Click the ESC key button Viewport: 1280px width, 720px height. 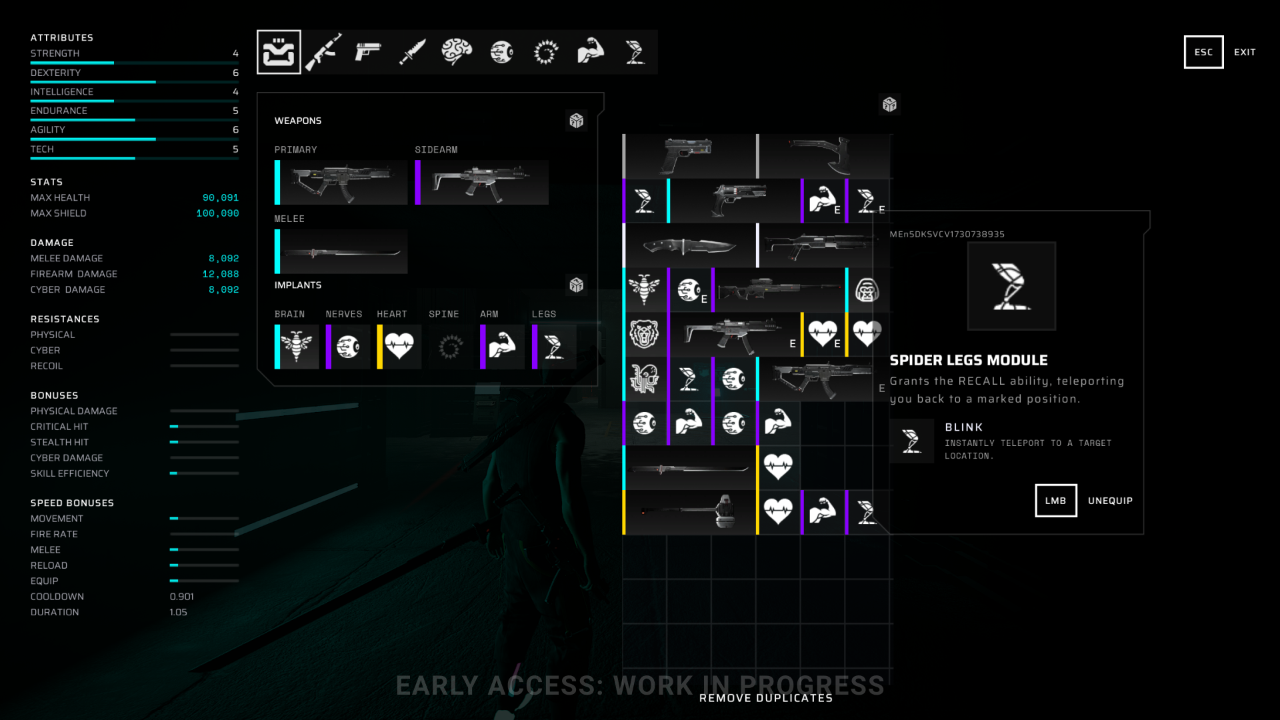[x=1203, y=52]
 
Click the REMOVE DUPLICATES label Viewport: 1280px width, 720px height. [x=766, y=698]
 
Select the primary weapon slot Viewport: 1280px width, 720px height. [x=341, y=182]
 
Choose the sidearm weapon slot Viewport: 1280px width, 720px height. [x=481, y=182]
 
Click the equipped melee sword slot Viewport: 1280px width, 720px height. [x=341, y=252]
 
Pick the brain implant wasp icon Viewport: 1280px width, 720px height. [x=297, y=346]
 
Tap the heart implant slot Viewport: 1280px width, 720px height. [x=399, y=346]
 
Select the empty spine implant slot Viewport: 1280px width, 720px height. [x=450, y=346]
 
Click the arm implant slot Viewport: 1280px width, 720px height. [x=502, y=346]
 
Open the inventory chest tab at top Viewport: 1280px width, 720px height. [x=279, y=52]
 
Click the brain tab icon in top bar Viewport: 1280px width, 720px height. [x=457, y=52]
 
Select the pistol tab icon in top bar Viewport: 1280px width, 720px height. [x=367, y=52]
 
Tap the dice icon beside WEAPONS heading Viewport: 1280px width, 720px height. [x=577, y=121]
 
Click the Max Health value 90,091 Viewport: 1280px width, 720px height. [x=220, y=198]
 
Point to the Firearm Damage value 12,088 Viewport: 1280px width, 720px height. [x=220, y=274]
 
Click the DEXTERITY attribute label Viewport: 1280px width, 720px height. [x=55, y=73]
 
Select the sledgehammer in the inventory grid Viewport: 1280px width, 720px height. [x=690, y=512]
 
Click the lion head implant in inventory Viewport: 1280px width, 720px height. [x=644, y=333]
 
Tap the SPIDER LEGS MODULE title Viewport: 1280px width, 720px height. [x=969, y=361]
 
